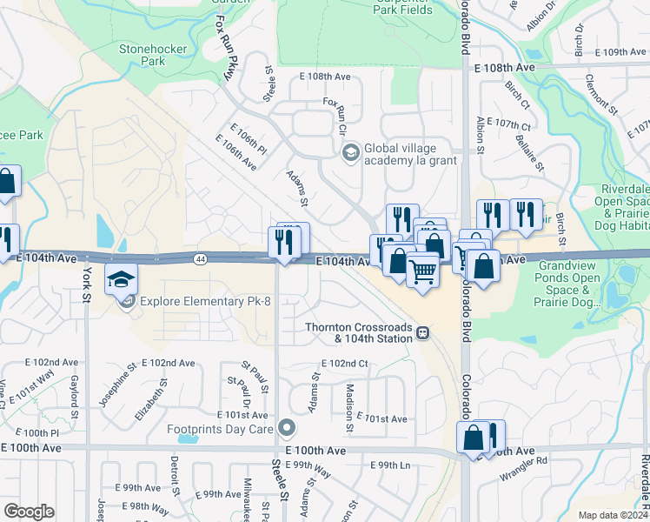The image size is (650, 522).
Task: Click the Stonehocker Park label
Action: tap(153, 56)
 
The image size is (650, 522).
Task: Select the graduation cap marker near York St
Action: tap(122, 280)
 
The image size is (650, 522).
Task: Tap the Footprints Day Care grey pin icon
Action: tap(289, 428)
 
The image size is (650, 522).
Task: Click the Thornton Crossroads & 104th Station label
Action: tap(358, 332)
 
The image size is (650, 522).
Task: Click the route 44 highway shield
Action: tap(201, 258)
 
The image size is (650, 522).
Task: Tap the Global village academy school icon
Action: tap(351, 153)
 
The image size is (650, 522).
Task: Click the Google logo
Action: tap(29, 512)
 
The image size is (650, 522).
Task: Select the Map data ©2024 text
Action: tap(612, 515)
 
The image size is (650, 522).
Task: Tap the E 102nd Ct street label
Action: tap(345, 364)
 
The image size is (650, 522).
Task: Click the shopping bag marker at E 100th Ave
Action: tap(474, 437)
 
